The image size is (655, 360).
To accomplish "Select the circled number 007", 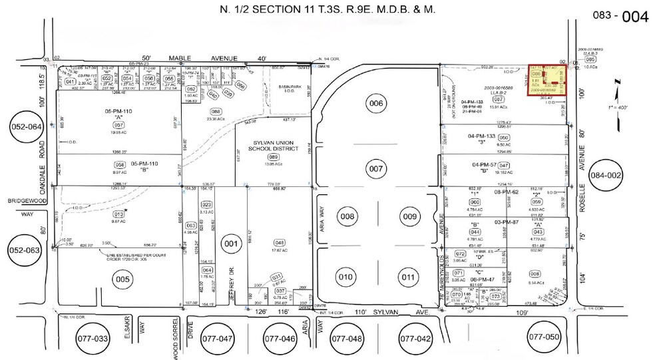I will click(377, 169).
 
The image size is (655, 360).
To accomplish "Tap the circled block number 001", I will click(230, 244).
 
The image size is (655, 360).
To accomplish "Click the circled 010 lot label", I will click(345, 277).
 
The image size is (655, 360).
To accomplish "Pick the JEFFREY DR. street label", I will click(233, 287).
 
